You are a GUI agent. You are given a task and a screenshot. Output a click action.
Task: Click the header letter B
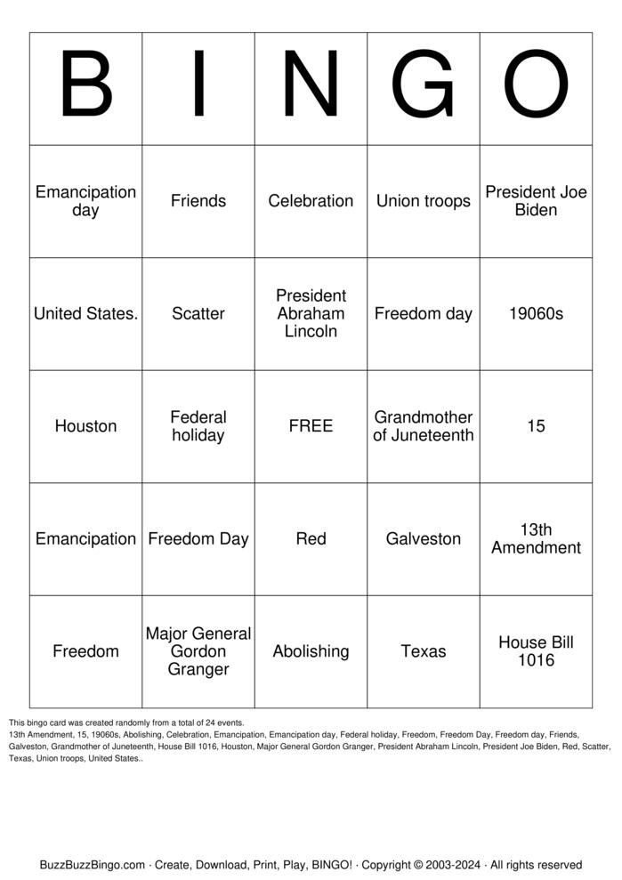point(85,88)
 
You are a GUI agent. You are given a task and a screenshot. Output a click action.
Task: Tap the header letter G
point(424,88)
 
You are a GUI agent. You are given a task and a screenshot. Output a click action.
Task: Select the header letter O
point(536,88)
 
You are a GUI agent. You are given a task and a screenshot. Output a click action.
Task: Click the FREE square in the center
point(311,426)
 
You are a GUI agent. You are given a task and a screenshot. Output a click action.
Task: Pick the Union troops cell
point(424,201)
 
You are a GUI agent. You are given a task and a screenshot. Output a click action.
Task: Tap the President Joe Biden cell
point(536,201)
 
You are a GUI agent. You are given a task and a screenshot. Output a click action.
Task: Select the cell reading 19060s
point(536,313)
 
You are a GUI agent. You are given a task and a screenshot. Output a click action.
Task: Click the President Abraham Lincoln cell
point(311,313)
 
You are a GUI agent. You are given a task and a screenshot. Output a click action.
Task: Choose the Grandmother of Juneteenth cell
point(424,426)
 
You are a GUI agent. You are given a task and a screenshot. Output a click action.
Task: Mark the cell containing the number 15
point(536,426)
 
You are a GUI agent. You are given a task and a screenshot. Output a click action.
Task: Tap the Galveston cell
point(424,538)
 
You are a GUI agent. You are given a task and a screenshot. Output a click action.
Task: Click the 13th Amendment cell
point(536,538)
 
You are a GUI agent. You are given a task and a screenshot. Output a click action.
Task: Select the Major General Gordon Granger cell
point(198,651)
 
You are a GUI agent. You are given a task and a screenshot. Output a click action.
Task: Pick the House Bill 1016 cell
point(536,651)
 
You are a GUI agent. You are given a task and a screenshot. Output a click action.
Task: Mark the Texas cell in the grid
point(424,651)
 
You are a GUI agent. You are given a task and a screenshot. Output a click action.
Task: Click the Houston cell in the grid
point(85,426)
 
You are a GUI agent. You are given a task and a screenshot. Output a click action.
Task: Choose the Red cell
point(311,538)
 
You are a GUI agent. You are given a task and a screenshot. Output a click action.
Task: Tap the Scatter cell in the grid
point(198,313)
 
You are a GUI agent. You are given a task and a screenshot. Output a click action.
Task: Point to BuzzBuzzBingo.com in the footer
point(92,865)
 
